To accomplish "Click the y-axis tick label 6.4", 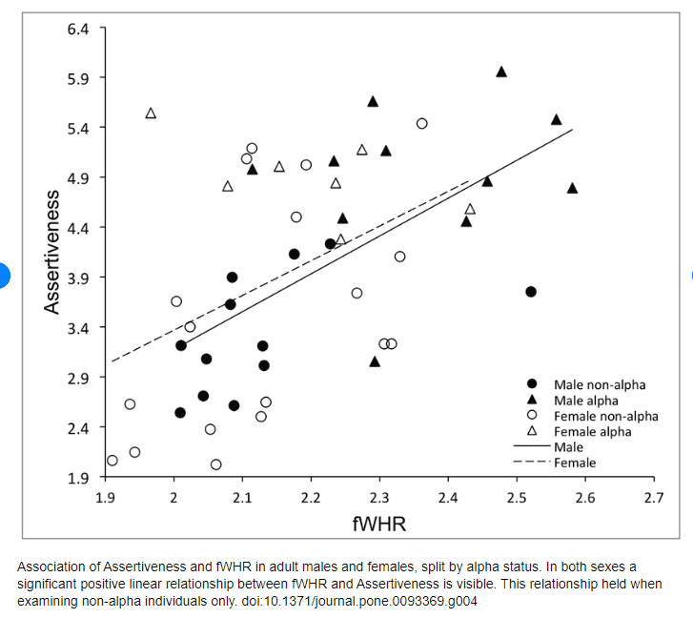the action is click(78, 30).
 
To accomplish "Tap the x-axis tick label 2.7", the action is click(654, 498).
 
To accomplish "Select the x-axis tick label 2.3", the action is click(379, 498).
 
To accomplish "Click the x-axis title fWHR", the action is click(379, 524).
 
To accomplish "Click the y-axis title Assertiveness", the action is click(51, 252).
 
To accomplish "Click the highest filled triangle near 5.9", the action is click(501, 72).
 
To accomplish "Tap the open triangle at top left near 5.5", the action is click(151, 113).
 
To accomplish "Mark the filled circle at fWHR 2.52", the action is click(531, 292).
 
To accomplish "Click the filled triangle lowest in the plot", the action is click(375, 362).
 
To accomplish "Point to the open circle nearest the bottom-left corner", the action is click(112, 461).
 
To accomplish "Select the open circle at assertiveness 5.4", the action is click(421, 123).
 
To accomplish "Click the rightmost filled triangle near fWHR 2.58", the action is click(572, 189).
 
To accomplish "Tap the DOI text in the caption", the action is click(359, 601).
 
